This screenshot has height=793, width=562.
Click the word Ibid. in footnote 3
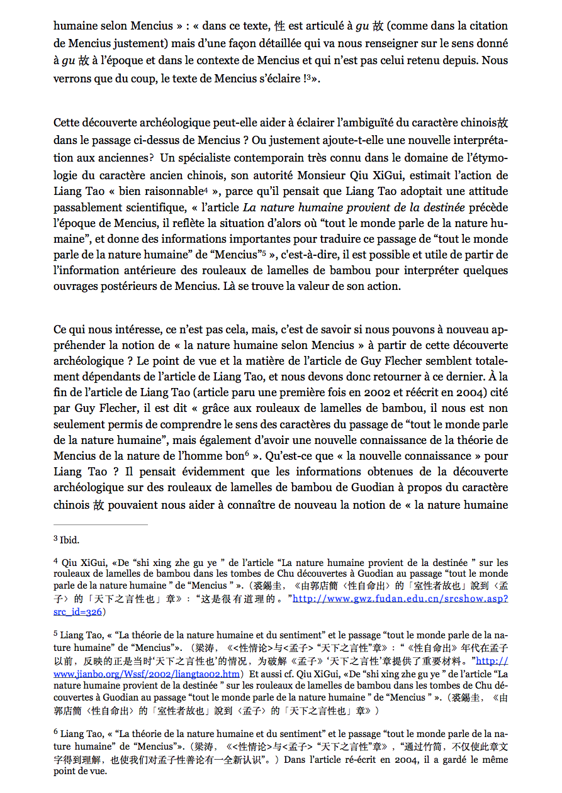(x=69, y=540)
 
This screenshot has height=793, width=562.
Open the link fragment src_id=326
(x=78, y=611)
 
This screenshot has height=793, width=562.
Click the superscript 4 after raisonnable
(x=205, y=189)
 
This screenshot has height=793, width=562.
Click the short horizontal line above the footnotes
(x=101, y=524)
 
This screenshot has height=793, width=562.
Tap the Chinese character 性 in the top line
(x=280, y=26)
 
